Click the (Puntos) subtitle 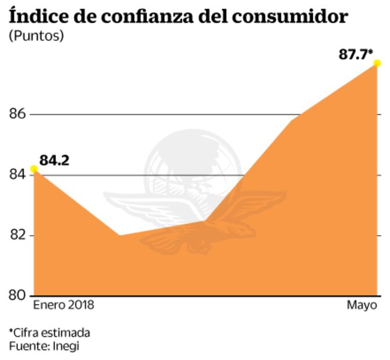(36, 36)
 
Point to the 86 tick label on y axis (17, 114)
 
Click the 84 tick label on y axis (17, 175)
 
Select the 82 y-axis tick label (17, 235)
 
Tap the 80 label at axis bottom (17, 296)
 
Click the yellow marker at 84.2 (34, 169)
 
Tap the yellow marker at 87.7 (377, 63)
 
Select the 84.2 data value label (55, 160)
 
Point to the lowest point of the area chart (120, 235)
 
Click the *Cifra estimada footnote (49, 333)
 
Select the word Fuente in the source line (28, 346)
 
